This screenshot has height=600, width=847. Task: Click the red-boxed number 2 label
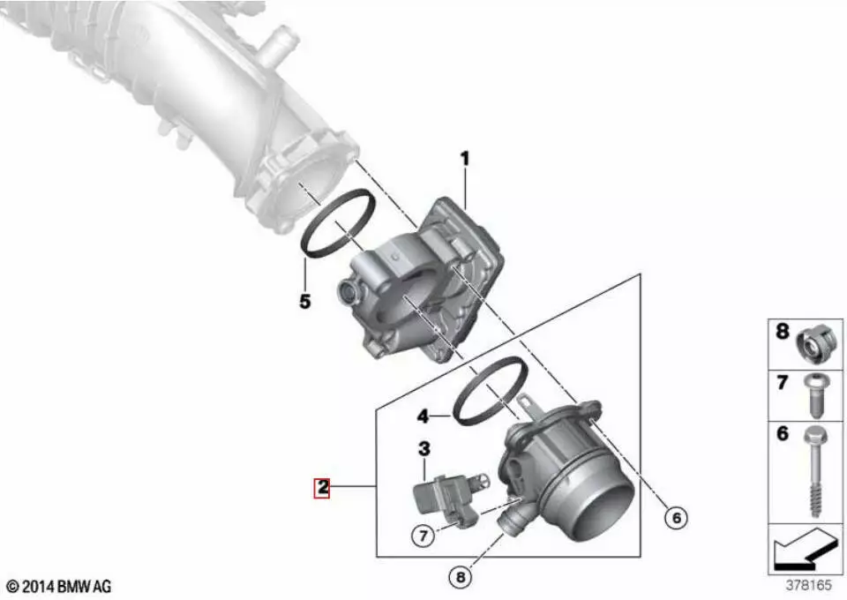(x=323, y=488)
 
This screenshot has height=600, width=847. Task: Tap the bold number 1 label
(x=465, y=159)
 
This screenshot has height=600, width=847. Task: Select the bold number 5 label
(x=305, y=302)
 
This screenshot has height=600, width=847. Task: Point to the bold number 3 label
(x=424, y=448)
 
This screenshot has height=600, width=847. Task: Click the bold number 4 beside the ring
(x=423, y=416)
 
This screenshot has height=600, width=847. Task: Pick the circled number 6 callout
(x=677, y=518)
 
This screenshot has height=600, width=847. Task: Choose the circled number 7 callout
(x=423, y=536)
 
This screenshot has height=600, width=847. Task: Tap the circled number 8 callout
(x=461, y=577)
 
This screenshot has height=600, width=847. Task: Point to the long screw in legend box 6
(x=815, y=469)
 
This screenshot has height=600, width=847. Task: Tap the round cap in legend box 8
(x=818, y=343)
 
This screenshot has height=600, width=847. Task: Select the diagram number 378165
(x=809, y=585)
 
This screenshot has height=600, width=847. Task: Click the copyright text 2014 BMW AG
(x=59, y=587)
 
